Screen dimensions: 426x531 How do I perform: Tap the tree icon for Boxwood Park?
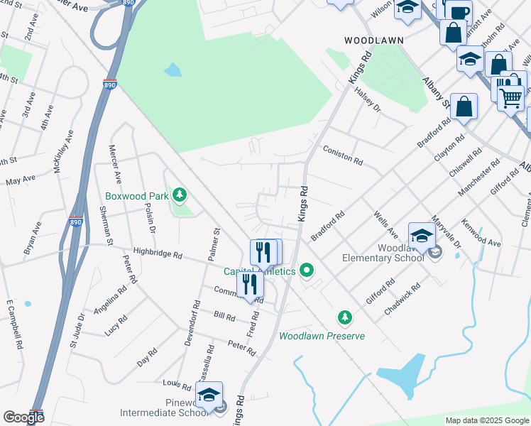click(x=180, y=194)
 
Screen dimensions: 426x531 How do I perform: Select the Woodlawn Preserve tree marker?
click(x=345, y=317)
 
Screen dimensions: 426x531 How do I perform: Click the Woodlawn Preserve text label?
click(x=322, y=336)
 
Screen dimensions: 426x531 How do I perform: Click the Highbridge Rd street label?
click(x=158, y=254)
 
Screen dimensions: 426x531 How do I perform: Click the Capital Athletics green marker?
click(x=307, y=270)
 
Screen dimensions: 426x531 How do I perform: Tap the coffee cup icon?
click(x=459, y=12)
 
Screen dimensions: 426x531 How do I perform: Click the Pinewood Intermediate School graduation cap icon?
click(x=209, y=395)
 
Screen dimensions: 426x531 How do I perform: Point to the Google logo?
click(x=23, y=417)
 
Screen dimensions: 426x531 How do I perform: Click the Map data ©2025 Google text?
click(x=487, y=420)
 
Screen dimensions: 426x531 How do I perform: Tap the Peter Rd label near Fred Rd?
click(x=241, y=347)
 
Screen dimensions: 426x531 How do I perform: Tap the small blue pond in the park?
click(x=173, y=70)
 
